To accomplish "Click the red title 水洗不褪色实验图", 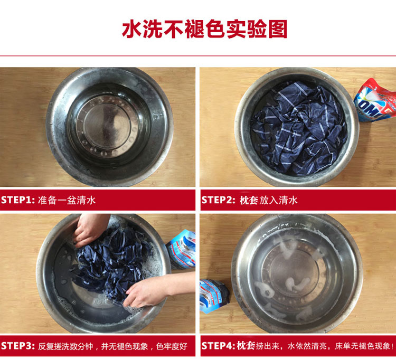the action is click(x=204, y=29).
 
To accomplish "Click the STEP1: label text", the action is click(x=17, y=200).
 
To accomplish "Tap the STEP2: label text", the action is click(x=219, y=200).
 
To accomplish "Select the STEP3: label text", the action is click(x=17, y=346).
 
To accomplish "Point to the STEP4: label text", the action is click(x=219, y=345).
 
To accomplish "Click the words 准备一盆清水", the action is click(x=67, y=200).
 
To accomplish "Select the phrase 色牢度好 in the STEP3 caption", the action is click(x=172, y=346).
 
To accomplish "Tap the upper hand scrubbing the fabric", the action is click(x=90, y=230).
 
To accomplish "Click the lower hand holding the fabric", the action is click(x=158, y=290).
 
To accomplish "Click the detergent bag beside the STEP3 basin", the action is click(x=181, y=250).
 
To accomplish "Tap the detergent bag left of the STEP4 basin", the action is click(x=214, y=296).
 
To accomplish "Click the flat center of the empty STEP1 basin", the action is click(x=107, y=126).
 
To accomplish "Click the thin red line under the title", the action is click(x=198, y=56).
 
